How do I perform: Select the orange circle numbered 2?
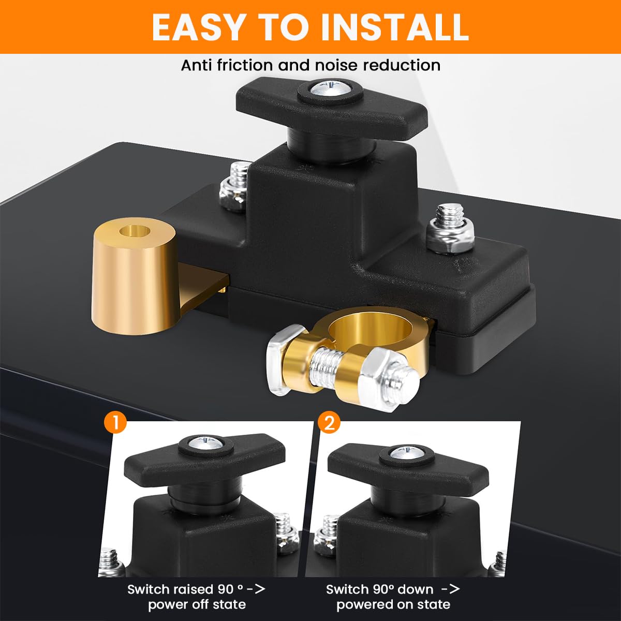[x=329, y=422]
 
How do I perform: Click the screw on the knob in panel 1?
[x=202, y=442]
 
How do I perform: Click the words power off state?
[x=197, y=604]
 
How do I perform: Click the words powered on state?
[x=393, y=604]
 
